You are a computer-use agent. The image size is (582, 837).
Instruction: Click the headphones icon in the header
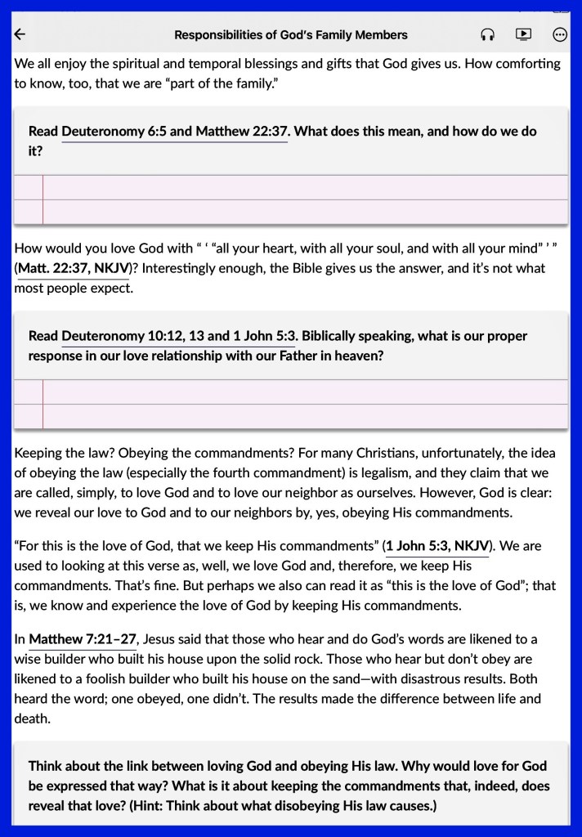(x=488, y=34)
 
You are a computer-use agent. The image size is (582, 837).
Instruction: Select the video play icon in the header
(x=523, y=34)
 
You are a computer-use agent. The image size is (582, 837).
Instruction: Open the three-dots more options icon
(x=560, y=34)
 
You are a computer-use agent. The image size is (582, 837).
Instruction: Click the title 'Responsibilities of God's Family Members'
(x=291, y=35)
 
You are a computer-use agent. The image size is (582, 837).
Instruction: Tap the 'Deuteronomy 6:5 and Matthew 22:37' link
(x=174, y=131)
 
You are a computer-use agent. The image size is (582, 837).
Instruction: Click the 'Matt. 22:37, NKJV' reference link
(x=72, y=268)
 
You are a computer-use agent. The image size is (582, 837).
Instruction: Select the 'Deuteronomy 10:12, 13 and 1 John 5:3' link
(x=178, y=336)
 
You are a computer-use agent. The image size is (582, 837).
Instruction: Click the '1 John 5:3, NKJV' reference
(x=437, y=545)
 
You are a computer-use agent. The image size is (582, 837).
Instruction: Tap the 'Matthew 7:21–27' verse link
(x=83, y=638)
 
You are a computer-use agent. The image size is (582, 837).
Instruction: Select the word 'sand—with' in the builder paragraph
(x=390, y=679)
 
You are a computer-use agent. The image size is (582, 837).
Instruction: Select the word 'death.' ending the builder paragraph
(x=33, y=718)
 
